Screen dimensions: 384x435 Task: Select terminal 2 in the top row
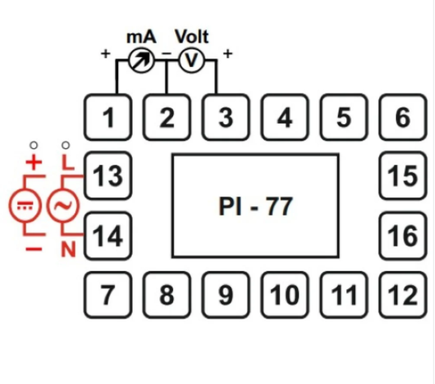pos(167,118)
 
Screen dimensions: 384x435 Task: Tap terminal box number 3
pos(225,118)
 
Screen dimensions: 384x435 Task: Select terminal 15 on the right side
pos(403,177)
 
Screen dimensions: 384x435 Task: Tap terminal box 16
pos(403,236)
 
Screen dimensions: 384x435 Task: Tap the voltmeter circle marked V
pos(191,62)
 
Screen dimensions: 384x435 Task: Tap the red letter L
pos(68,162)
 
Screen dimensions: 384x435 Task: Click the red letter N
pos(68,248)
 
